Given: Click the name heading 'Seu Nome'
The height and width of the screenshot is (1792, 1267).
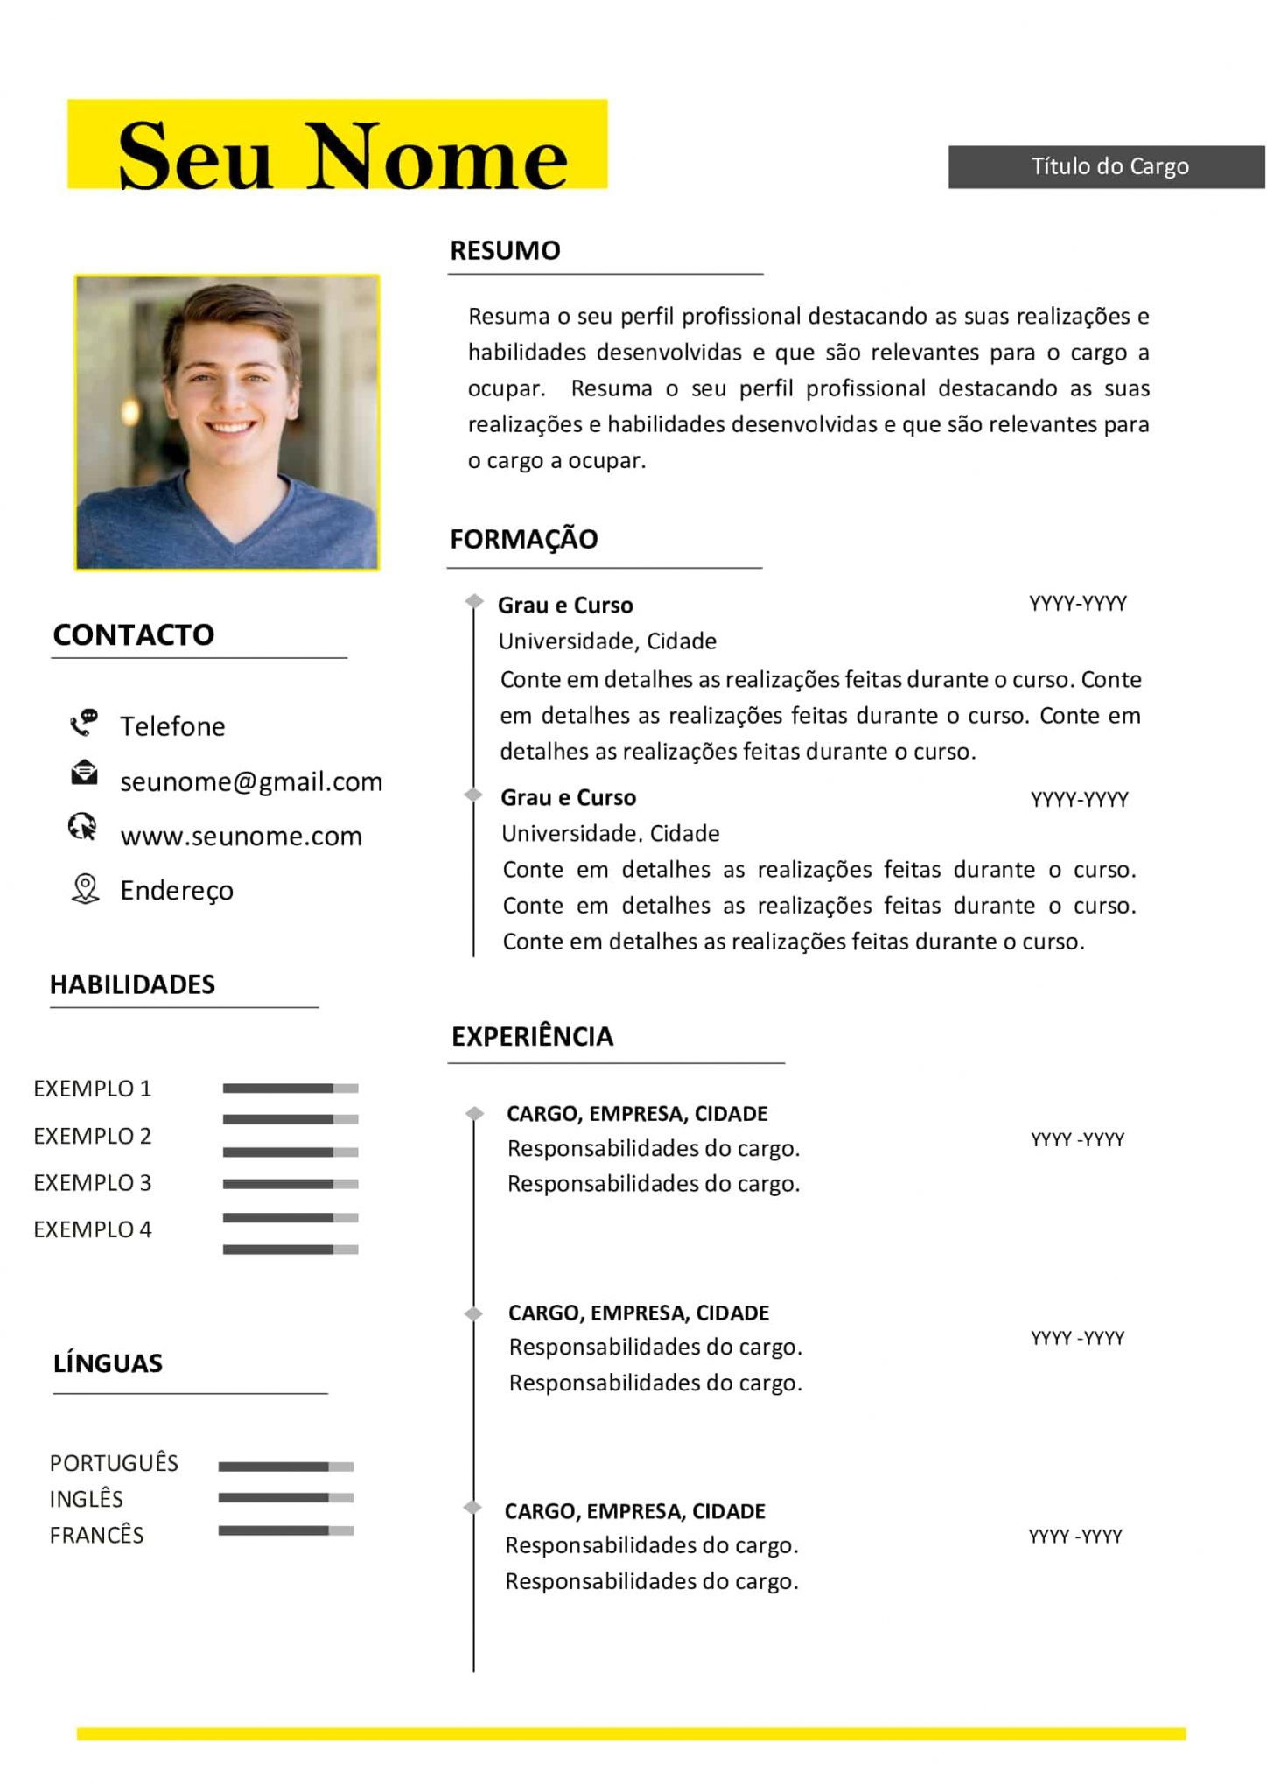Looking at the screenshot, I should [341, 156].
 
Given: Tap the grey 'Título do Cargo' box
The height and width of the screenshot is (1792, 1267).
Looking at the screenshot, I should [1108, 166].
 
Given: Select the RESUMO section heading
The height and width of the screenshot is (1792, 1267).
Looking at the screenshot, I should [505, 250].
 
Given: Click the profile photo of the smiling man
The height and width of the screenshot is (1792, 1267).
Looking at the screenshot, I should [227, 423].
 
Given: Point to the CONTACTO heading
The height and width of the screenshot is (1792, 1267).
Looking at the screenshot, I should [133, 634].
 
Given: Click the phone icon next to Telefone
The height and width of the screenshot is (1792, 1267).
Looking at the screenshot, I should [84, 723].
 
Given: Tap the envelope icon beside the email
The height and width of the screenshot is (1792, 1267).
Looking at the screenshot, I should [84, 773].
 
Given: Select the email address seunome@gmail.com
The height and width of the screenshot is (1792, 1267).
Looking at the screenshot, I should [250, 781].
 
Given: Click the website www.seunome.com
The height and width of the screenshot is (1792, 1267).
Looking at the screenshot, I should [241, 836].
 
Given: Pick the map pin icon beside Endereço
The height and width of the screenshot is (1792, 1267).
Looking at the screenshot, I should [85, 889].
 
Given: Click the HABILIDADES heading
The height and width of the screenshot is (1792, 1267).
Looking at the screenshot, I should [132, 984].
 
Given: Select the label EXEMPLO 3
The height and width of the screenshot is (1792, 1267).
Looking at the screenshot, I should [92, 1183].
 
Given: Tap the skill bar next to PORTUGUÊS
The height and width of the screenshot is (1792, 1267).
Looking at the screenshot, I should [286, 1466].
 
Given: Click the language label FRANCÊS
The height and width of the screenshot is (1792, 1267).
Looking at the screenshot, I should [96, 1535].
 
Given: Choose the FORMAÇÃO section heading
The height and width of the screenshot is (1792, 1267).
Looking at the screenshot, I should [523, 539].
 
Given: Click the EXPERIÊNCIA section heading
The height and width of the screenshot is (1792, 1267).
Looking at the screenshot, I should [532, 1036].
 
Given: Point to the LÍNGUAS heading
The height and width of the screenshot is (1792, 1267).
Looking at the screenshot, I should [108, 1363].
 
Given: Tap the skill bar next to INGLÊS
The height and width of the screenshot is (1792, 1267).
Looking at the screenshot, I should [286, 1498].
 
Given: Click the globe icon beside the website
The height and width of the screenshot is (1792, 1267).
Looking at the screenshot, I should [83, 827].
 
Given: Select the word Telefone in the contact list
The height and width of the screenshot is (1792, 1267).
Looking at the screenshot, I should [172, 726].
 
